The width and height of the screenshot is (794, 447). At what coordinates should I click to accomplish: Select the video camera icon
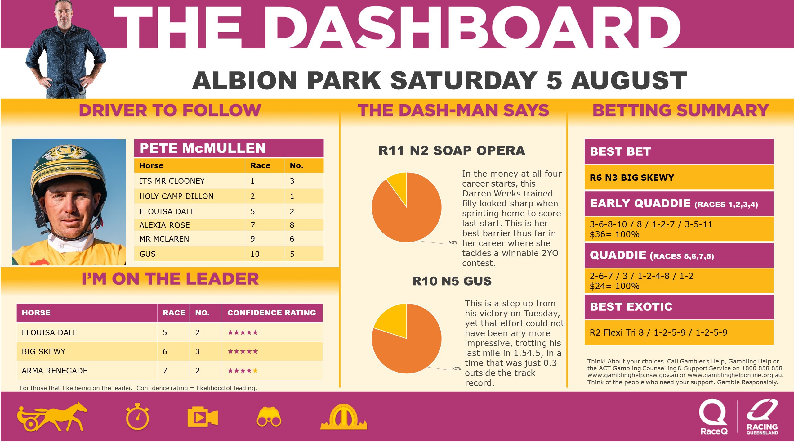pyautogui.click(x=203, y=417)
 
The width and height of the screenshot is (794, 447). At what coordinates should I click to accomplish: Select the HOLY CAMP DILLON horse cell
pyautogui.click(x=176, y=196)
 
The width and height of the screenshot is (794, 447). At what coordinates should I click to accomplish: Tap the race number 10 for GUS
pyautogui.click(x=255, y=254)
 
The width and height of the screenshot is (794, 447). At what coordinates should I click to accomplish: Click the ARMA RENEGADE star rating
pyautogui.click(x=243, y=371)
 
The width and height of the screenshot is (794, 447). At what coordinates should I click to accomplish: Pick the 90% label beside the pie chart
pyautogui.click(x=453, y=242)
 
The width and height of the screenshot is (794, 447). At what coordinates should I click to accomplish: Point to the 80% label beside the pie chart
pyautogui.click(x=456, y=368)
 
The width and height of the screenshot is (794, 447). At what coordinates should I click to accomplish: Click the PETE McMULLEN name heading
pyautogui.click(x=203, y=148)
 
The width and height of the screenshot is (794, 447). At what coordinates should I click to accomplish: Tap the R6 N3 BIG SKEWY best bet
pyautogui.click(x=632, y=178)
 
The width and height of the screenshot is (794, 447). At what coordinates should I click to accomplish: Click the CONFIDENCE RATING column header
pyautogui.click(x=271, y=313)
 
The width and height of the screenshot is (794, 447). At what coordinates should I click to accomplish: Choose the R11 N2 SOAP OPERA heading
pyautogui.click(x=452, y=151)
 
